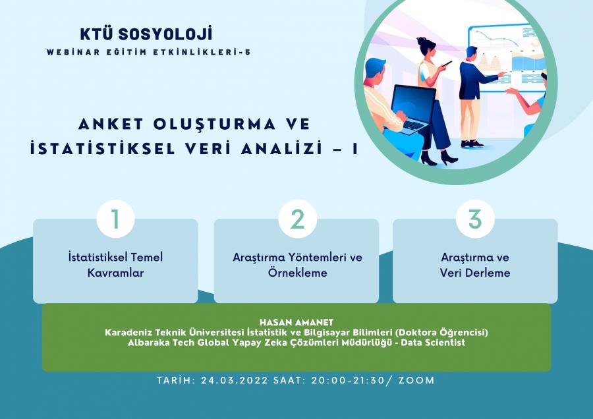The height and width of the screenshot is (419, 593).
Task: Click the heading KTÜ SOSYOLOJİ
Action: (146, 34)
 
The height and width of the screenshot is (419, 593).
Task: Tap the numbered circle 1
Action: (115, 219)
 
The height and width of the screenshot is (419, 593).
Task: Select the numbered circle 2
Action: (297, 219)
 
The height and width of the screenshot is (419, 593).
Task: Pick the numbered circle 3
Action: (475, 219)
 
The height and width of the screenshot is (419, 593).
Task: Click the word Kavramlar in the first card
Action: (116, 273)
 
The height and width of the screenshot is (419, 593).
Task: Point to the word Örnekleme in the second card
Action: (298, 272)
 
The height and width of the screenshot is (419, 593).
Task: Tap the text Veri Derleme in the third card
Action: (475, 273)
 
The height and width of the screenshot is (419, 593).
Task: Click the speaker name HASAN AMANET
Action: (296, 323)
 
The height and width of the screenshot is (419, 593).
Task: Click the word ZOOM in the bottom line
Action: (416, 380)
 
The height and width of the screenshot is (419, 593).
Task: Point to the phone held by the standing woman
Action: (447, 64)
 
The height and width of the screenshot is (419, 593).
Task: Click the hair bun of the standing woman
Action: (421, 40)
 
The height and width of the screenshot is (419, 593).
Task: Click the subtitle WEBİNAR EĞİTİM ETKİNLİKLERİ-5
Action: (149, 52)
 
